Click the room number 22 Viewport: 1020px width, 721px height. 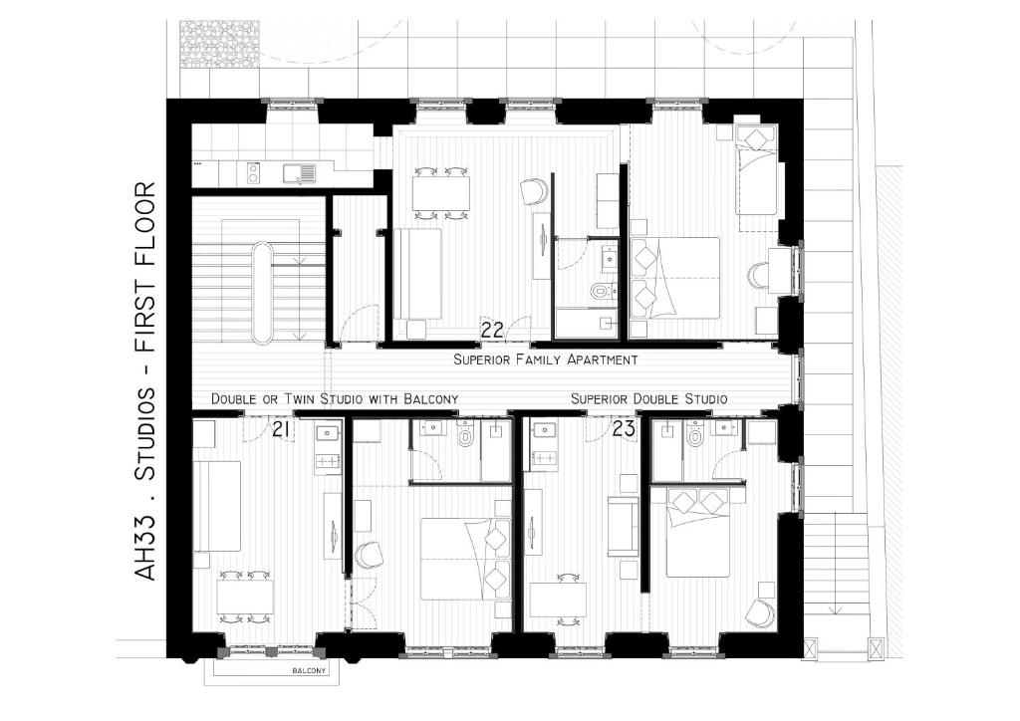click(x=492, y=331)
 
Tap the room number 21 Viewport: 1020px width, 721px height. click(x=281, y=429)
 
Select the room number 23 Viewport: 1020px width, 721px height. click(x=624, y=429)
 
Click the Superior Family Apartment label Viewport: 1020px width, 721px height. click(x=545, y=360)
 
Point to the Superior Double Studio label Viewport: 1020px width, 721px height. click(x=649, y=398)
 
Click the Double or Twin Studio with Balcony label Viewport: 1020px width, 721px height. click(x=335, y=398)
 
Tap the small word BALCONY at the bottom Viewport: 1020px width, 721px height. click(x=309, y=671)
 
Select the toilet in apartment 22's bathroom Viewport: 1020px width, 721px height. click(x=603, y=291)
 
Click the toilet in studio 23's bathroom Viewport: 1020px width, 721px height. click(x=694, y=432)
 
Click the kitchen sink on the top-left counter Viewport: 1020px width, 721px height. click(x=299, y=173)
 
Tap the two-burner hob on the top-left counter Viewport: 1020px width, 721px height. click(x=254, y=171)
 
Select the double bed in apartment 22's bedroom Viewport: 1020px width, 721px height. click(x=675, y=278)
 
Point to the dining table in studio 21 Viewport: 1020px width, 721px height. click(x=245, y=597)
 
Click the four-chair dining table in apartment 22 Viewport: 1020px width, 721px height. click(x=441, y=193)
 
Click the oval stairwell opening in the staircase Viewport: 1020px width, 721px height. click(x=263, y=293)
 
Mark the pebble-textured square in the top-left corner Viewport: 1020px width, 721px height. click(x=220, y=44)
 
